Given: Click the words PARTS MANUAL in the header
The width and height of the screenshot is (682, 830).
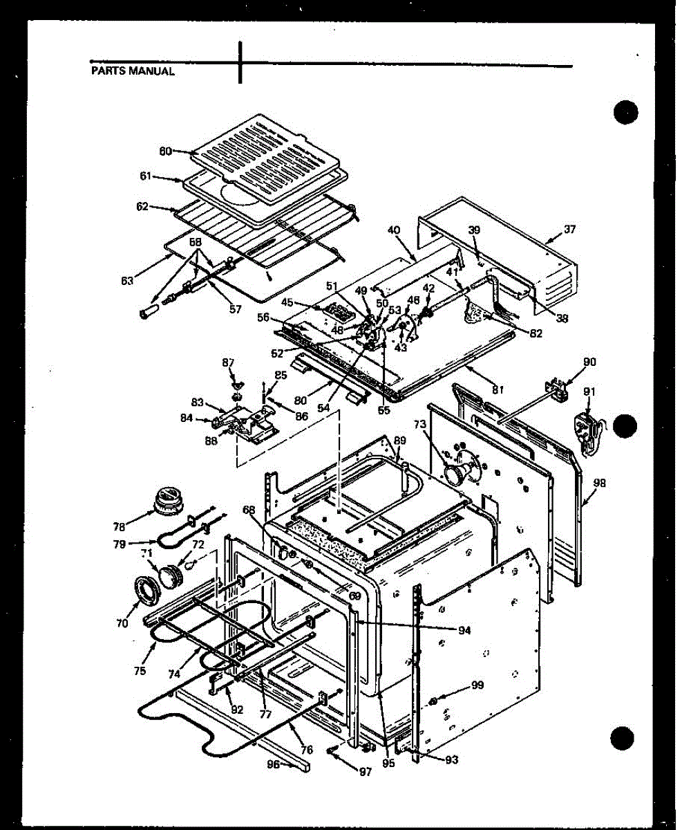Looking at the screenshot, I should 133,71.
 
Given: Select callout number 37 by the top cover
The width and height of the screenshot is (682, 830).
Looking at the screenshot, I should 569,229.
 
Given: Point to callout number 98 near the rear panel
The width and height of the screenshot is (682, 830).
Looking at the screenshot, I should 599,483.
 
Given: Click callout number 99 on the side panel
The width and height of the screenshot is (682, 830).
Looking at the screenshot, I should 476,685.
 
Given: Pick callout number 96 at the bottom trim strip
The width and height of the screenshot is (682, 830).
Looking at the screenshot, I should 275,764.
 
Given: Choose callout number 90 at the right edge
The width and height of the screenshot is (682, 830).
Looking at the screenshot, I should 589,362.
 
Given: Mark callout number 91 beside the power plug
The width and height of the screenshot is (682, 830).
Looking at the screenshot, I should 589,391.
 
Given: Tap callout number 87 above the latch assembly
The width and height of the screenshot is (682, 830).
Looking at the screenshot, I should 228,362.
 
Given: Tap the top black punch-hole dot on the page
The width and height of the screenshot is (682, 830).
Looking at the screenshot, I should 625,111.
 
